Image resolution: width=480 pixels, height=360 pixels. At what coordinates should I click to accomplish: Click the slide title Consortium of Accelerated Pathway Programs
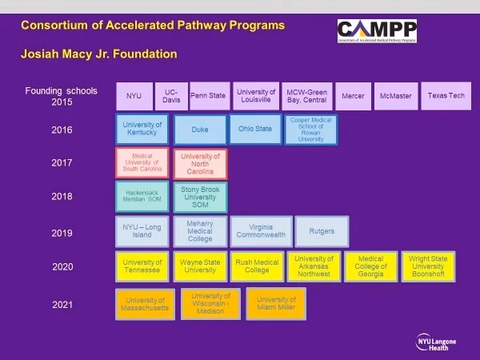(152, 25)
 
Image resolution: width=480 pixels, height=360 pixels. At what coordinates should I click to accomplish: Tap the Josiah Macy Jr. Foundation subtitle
(98, 54)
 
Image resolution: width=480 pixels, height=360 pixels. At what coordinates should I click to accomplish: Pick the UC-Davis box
(170, 95)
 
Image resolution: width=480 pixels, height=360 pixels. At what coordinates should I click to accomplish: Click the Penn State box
(208, 95)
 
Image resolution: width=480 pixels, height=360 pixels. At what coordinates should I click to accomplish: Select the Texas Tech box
(446, 95)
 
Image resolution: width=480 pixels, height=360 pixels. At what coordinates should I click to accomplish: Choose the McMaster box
(394, 96)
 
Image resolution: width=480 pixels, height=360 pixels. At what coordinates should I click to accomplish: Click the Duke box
(199, 130)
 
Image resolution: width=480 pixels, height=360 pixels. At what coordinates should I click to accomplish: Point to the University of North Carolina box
(200, 162)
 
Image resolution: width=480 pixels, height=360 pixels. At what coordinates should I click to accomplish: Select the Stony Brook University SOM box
(200, 197)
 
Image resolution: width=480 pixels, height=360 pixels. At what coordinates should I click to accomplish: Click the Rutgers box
(322, 231)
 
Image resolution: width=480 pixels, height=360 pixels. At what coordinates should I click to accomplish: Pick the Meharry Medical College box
(200, 231)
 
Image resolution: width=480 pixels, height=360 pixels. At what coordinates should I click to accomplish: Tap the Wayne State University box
(200, 266)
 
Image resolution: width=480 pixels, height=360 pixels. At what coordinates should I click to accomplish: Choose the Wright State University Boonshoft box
(428, 266)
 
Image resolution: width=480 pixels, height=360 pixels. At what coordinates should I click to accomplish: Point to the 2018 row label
(62, 197)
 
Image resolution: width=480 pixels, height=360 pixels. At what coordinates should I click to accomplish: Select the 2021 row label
(62, 305)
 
